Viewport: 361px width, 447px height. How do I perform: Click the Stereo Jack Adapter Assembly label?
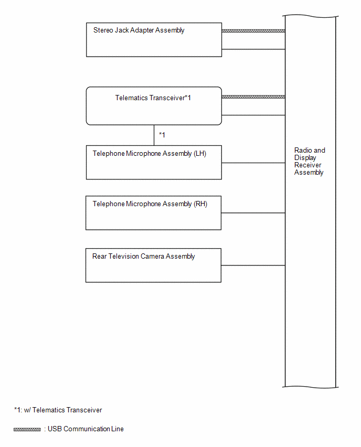139,30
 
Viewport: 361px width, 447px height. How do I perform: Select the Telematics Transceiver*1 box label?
153,98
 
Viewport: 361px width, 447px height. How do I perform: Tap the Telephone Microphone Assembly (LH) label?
149,154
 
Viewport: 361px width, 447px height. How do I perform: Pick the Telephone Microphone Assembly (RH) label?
150,204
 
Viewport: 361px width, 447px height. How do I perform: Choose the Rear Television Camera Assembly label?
143,256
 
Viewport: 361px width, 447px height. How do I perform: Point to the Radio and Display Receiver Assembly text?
310,162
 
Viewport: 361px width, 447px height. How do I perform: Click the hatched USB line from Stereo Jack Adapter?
253,31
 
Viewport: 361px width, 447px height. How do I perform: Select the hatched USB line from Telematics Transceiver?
253,97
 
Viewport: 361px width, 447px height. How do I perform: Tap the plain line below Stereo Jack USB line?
253,49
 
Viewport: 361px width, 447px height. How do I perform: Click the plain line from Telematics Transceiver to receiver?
253,115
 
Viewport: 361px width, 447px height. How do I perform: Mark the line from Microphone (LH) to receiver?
253,163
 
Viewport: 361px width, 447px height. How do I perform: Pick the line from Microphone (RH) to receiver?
253,212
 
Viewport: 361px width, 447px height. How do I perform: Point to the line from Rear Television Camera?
253,265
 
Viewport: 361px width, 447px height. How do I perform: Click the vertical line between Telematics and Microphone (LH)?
154,135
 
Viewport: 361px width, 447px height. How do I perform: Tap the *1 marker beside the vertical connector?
162,135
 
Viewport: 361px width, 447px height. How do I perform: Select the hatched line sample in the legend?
27,429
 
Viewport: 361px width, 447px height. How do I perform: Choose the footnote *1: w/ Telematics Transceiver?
58,410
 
